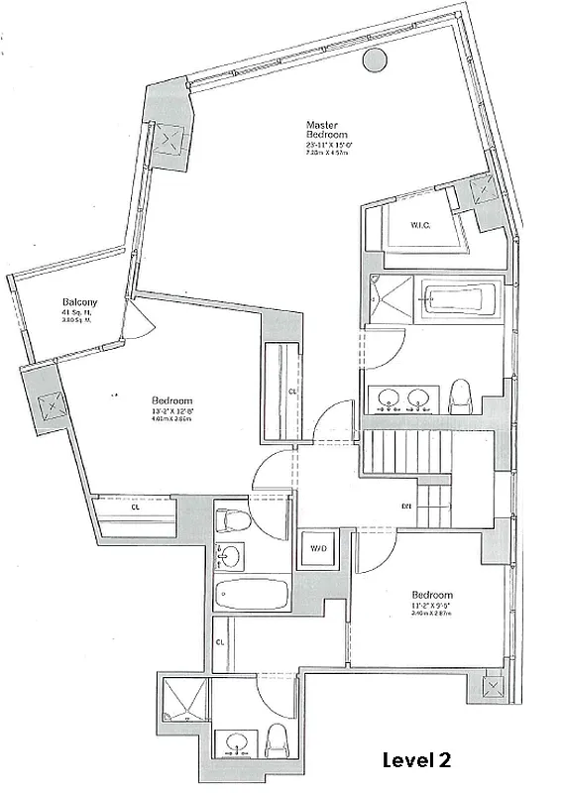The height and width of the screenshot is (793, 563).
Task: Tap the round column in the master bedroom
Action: click(x=375, y=60)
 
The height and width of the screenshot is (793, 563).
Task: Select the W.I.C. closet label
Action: click(x=419, y=225)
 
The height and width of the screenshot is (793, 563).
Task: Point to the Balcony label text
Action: click(x=78, y=302)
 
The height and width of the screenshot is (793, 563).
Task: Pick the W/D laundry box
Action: click(x=320, y=548)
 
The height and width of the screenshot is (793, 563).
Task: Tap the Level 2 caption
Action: click(x=417, y=760)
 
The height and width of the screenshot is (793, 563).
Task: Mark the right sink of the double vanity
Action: click(x=420, y=399)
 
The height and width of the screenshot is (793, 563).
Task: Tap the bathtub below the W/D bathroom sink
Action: click(x=251, y=596)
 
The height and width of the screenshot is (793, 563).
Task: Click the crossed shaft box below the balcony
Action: click(x=46, y=405)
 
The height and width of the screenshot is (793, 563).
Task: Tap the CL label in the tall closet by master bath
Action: click(x=292, y=392)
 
